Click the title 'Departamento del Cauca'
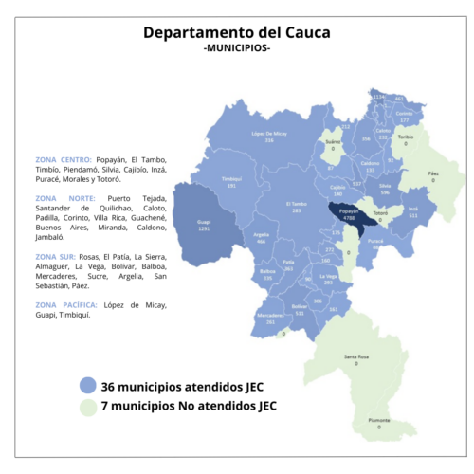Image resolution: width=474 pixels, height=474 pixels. point(237,32)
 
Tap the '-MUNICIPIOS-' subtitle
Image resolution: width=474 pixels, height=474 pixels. point(237,48)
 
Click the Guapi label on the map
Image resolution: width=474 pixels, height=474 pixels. point(203,225)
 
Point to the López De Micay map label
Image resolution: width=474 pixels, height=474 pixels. point(269,137)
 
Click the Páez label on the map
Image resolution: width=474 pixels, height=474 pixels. point(433,176)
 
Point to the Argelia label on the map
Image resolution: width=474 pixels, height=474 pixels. point(262,237)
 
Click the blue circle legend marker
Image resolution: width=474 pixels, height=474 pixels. point(88,386)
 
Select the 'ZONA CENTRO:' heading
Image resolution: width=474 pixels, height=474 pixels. point(63,159)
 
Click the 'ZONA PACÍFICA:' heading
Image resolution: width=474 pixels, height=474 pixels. point(65,304)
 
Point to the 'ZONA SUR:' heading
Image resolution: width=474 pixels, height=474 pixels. point(56,256)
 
